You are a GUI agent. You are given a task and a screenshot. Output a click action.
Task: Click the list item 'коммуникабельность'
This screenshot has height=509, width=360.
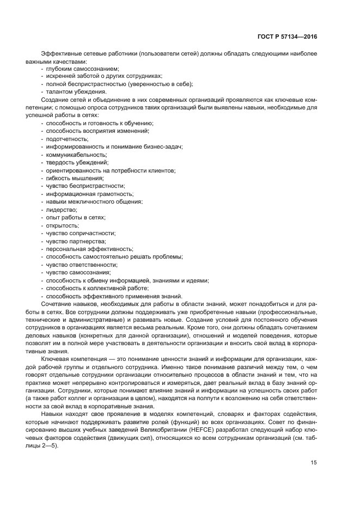tap(76, 155)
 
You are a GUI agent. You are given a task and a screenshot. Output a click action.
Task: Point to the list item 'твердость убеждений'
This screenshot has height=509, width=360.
tap(77, 162)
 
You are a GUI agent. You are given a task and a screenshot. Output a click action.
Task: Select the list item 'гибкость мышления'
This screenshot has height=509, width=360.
tap(74, 178)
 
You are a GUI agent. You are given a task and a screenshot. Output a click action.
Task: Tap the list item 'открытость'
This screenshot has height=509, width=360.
tap(62, 225)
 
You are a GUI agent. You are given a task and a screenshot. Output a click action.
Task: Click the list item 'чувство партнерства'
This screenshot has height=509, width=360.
tap(76, 241)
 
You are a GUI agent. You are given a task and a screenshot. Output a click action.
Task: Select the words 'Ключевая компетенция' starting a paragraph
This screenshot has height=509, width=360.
tap(74, 359)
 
